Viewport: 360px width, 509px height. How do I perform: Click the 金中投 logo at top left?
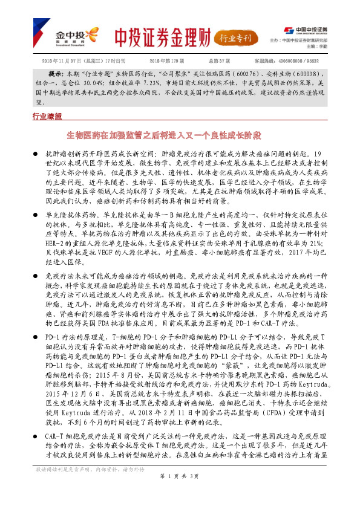pos(71,36)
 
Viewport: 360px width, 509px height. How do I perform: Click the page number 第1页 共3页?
pos(180,493)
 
